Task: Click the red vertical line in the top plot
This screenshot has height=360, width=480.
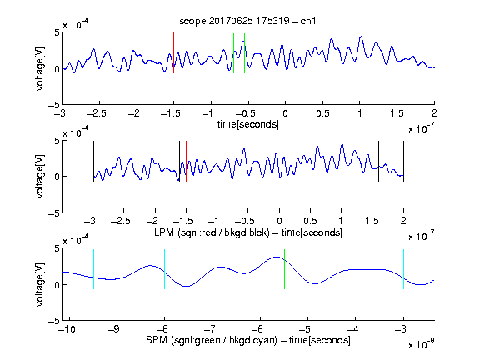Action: [x=173, y=53]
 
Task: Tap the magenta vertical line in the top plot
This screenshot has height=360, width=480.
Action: [x=397, y=53]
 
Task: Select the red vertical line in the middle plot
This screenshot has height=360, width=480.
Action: [x=186, y=162]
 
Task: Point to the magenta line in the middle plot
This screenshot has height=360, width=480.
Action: [x=372, y=162]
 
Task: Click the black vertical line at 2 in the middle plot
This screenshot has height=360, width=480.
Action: [x=403, y=162]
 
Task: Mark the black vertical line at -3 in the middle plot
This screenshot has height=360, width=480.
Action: [x=93, y=162]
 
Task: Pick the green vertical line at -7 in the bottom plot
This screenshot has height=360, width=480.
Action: [x=212, y=269]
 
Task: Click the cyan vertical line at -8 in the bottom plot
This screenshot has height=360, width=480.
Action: [x=164, y=269]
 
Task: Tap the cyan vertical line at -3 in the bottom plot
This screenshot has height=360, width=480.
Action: [x=403, y=269]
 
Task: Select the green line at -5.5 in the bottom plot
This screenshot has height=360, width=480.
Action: [x=284, y=269]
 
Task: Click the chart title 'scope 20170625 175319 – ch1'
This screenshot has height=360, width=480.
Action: [x=247, y=21]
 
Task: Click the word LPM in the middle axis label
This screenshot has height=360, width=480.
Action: [x=164, y=232]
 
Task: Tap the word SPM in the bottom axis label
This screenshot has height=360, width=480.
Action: [x=157, y=340]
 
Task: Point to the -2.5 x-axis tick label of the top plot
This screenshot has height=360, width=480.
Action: [x=97, y=113]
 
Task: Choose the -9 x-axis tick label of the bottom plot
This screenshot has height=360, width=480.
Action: [x=114, y=329]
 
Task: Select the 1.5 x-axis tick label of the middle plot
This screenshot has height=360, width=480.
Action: [x=372, y=221]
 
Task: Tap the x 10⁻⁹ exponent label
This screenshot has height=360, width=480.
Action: [x=422, y=344]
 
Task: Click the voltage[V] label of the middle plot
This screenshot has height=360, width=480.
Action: [x=40, y=177]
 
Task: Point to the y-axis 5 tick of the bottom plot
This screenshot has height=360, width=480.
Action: [x=57, y=249]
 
